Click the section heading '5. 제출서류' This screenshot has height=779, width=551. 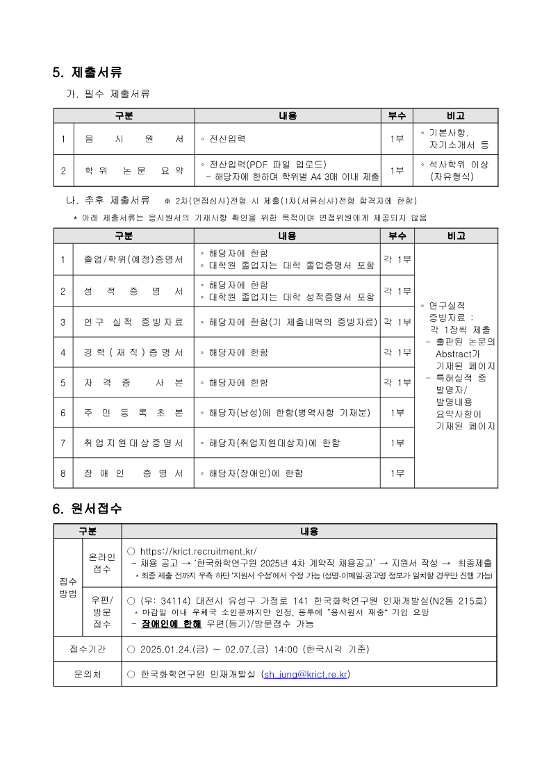(x=88, y=72)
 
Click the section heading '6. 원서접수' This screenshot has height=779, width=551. (x=88, y=509)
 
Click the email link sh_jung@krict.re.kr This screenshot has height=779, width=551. (x=305, y=674)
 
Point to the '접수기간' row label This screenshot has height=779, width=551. (x=88, y=649)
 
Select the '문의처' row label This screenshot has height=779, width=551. (x=88, y=674)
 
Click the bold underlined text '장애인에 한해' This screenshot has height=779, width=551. (x=171, y=624)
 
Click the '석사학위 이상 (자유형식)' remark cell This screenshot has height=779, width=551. (x=456, y=170)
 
